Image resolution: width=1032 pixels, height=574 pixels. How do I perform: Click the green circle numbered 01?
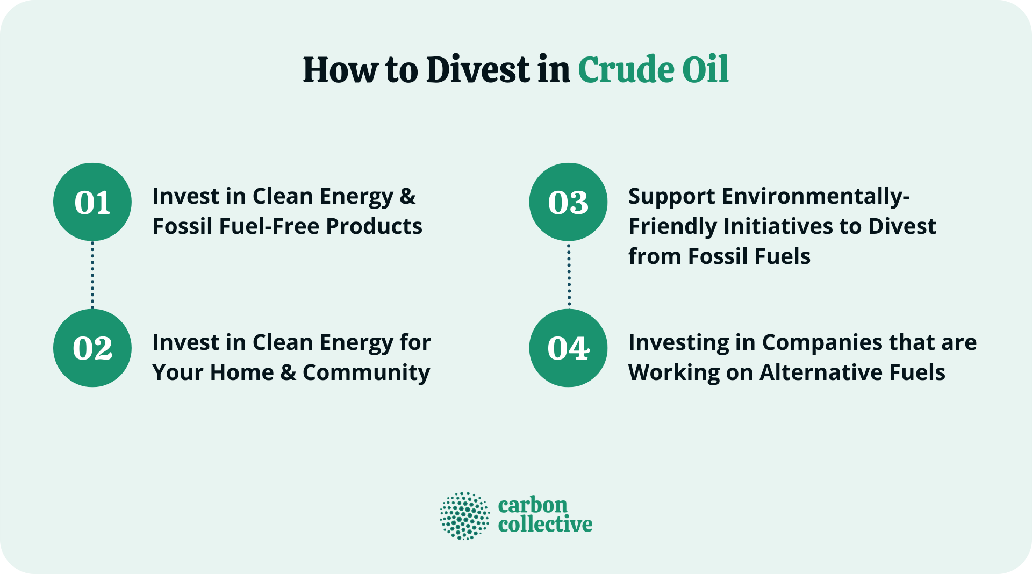(x=92, y=202)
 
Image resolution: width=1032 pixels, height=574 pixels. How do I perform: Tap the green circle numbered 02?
(x=92, y=348)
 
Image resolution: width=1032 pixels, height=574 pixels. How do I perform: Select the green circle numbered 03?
(x=568, y=202)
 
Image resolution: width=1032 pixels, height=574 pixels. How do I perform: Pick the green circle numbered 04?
(x=568, y=348)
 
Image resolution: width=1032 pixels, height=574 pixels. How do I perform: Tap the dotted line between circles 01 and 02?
(x=92, y=275)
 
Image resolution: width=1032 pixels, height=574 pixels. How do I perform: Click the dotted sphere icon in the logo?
(x=465, y=515)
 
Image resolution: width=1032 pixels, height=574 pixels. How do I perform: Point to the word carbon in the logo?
(x=533, y=505)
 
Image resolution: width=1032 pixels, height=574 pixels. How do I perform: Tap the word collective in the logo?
(x=545, y=524)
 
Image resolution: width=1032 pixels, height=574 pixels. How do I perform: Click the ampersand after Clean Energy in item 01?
(x=407, y=197)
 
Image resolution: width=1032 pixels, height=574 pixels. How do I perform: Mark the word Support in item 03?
(x=671, y=197)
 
